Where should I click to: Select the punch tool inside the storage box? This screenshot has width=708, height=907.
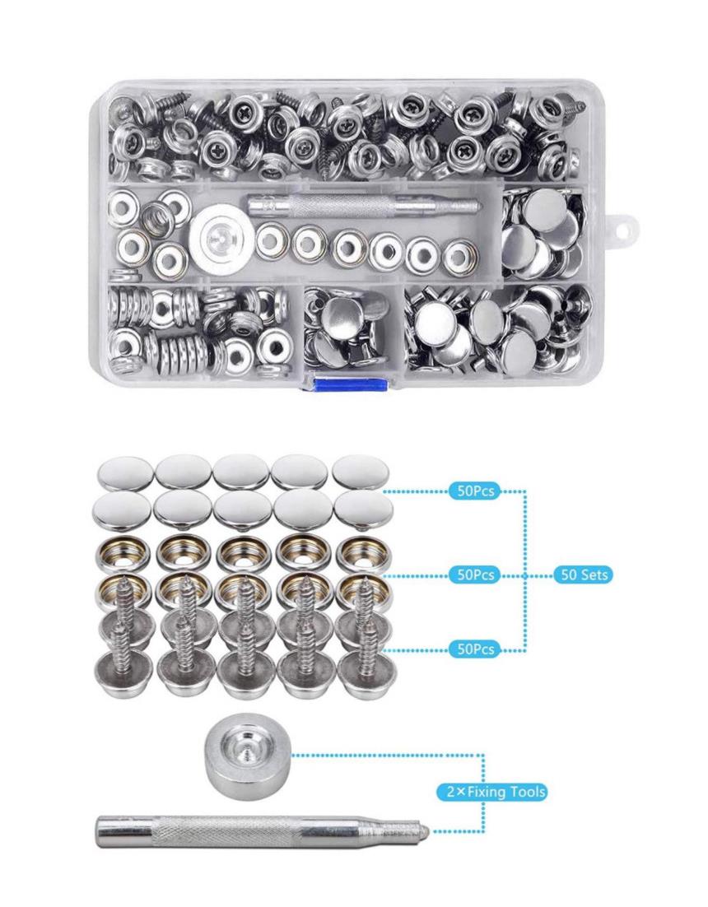(x=365, y=204)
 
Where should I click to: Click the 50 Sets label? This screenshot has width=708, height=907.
(x=583, y=575)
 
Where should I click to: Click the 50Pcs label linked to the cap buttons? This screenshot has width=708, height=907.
(x=475, y=491)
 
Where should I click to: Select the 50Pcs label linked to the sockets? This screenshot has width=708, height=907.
(x=475, y=575)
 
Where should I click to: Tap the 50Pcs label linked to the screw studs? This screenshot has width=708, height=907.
(x=475, y=649)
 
